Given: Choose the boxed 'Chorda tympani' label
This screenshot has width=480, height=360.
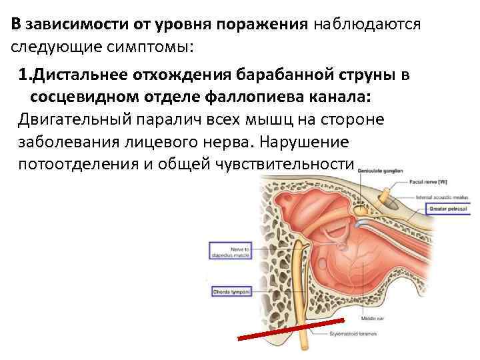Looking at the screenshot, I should pos(229,292).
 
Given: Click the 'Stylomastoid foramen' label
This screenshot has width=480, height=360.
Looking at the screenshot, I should pos(351,333).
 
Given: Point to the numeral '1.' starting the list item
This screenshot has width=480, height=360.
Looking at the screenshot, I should pos(26,75).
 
